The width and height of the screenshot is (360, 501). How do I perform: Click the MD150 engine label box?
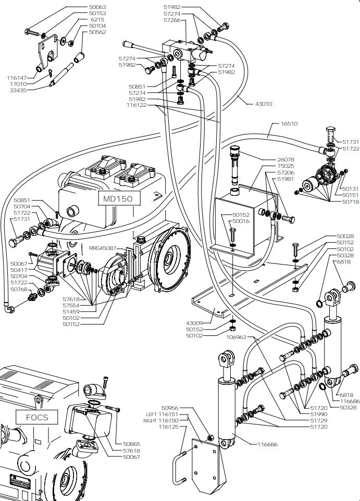[x=118, y=198]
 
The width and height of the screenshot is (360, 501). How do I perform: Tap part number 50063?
[x=97, y=7]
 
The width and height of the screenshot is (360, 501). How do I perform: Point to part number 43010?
[x=264, y=104]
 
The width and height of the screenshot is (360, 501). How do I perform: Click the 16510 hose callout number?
[x=289, y=124]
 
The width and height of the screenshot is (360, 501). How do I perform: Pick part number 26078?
[x=285, y=159]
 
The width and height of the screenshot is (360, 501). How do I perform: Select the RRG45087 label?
[x=102, y=248]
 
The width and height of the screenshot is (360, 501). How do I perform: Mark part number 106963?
[x=236, y=337]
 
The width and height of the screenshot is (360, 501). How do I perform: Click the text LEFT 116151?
[x=162, y=414]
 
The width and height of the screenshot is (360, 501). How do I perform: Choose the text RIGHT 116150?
[x=161, y=420]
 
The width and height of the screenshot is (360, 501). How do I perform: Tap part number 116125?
[x=169, y=427]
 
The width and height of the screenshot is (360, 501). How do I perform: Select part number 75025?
[x=285, y=166]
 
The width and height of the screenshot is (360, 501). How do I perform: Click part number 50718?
[x=351, y=202]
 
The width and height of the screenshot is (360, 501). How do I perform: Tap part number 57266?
[x=172, y=20]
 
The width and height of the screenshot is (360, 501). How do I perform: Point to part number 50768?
[x=19, y=289]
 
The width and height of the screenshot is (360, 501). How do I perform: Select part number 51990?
[x=319, y=414]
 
